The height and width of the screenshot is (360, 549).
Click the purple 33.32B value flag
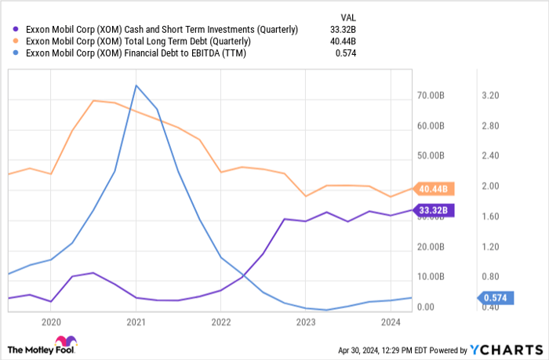coord(434,210)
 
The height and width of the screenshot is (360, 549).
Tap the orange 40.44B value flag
coord(434,189)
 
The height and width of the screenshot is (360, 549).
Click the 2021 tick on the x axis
coord(136,322)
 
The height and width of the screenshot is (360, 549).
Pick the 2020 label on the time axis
coord(51,322)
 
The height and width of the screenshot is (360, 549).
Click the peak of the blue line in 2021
coord(136,85)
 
